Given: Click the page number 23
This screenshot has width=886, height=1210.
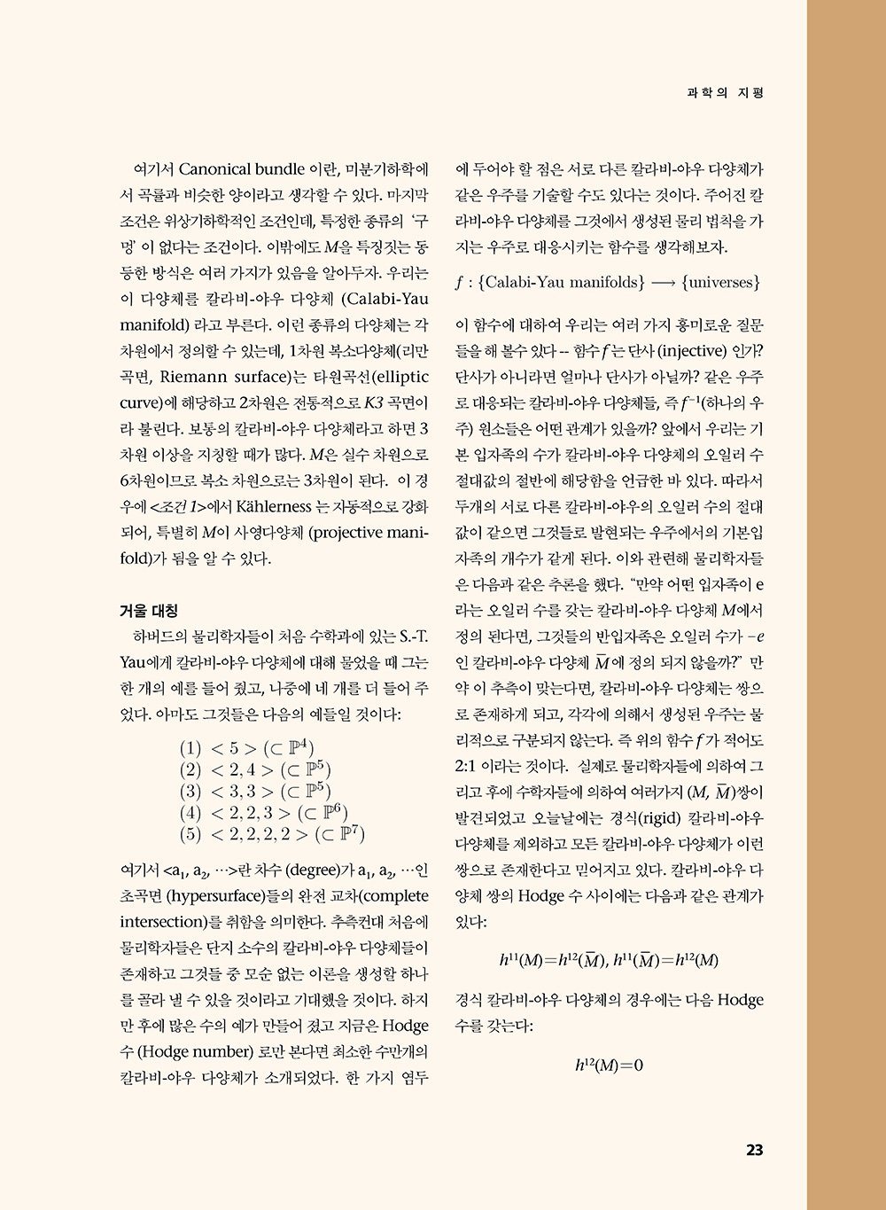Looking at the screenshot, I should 754,1151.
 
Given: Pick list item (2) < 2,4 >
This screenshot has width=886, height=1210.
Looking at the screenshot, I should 254,769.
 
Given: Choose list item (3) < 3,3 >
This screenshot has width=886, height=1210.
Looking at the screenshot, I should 254,791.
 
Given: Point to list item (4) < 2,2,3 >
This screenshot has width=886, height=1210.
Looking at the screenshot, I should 263,813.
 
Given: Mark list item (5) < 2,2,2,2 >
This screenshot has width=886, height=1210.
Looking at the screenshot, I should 272,834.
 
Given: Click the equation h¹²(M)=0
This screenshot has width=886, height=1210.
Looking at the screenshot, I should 609,1065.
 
